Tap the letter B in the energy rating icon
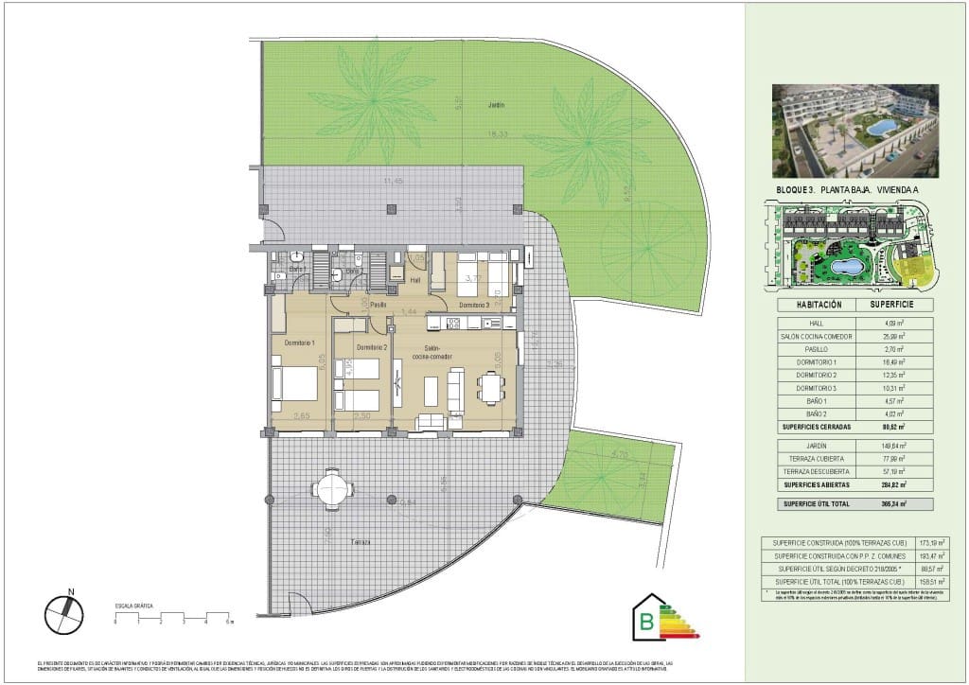pos(647,622)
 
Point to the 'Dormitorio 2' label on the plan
pos(349,348)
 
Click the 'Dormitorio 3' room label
pos(474,305)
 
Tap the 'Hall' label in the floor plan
pos(414,280)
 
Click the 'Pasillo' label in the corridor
pos(379,305)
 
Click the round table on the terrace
pos(332,489)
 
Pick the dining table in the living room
pos(490,387)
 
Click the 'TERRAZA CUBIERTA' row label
pos(816,458)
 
